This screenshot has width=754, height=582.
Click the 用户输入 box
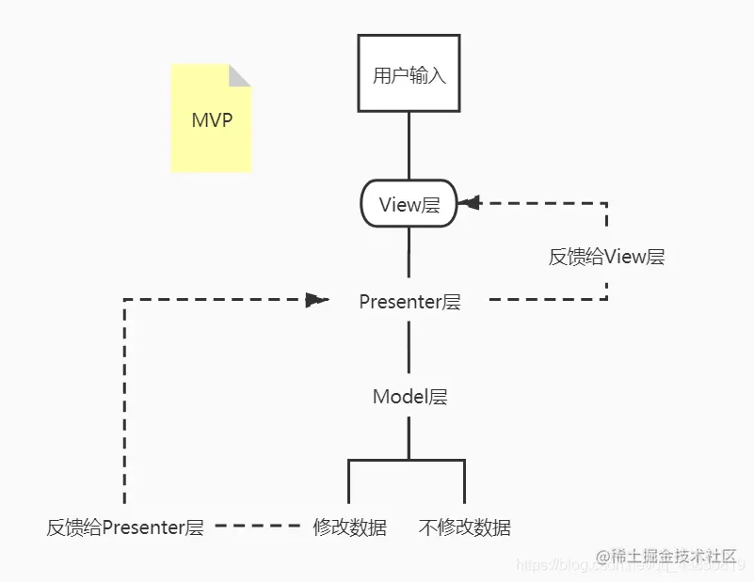coord(409,73)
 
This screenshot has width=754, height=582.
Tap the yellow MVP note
coord(211,120)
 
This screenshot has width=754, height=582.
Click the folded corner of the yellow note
coord(241,75)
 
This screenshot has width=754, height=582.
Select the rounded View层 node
coord(409,204)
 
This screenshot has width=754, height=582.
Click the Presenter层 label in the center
coord(409,302)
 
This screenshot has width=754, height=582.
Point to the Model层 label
coord(409,397)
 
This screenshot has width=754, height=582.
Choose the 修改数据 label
coord(349,527)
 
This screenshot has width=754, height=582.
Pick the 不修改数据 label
coord(464,527)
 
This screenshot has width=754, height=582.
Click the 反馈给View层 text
coord(606,257)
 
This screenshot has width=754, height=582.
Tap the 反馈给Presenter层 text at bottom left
coord(125,527)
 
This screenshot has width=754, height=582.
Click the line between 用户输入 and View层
coord(409,146)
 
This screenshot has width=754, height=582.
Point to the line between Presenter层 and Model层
coord(409,348)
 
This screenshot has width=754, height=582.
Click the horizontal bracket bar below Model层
coord(407,460)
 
